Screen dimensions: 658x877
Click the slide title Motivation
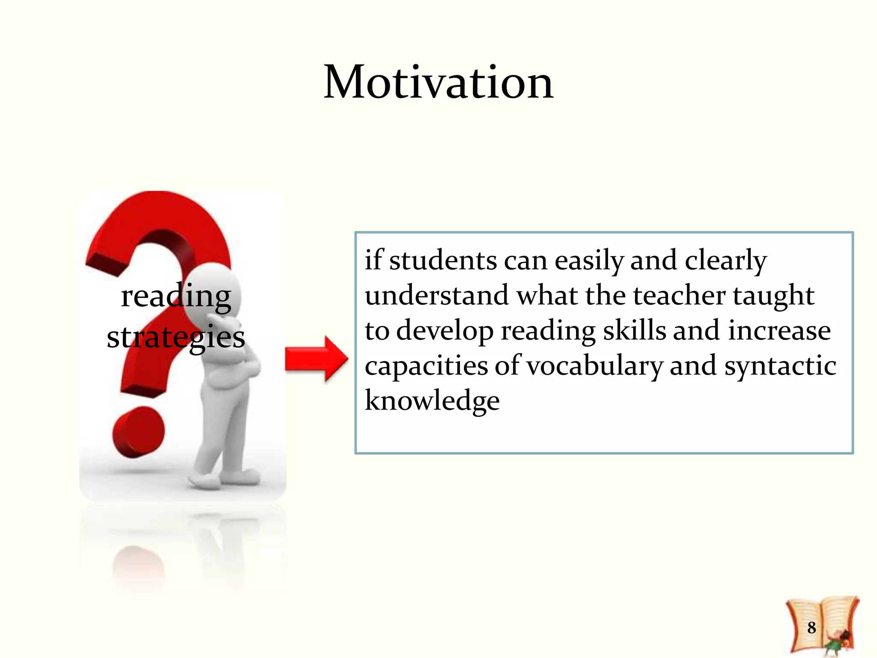(x=438, y=82)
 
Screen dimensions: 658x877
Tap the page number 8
(x=811, y=628)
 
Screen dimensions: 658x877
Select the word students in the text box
(x=443, y=260)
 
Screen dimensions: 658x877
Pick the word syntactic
(x=780, y=366)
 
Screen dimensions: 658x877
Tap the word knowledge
(x=432, y=401)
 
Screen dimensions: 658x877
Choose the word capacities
(x=426, y=366)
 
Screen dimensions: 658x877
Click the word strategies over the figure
(x=176, y=338)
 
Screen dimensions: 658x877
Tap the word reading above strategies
(x=176, y=296)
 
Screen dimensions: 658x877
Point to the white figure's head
(x=214, y=291)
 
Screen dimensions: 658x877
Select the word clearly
(x=725, y=260)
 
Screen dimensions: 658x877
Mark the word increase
(x=779, y=331)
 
